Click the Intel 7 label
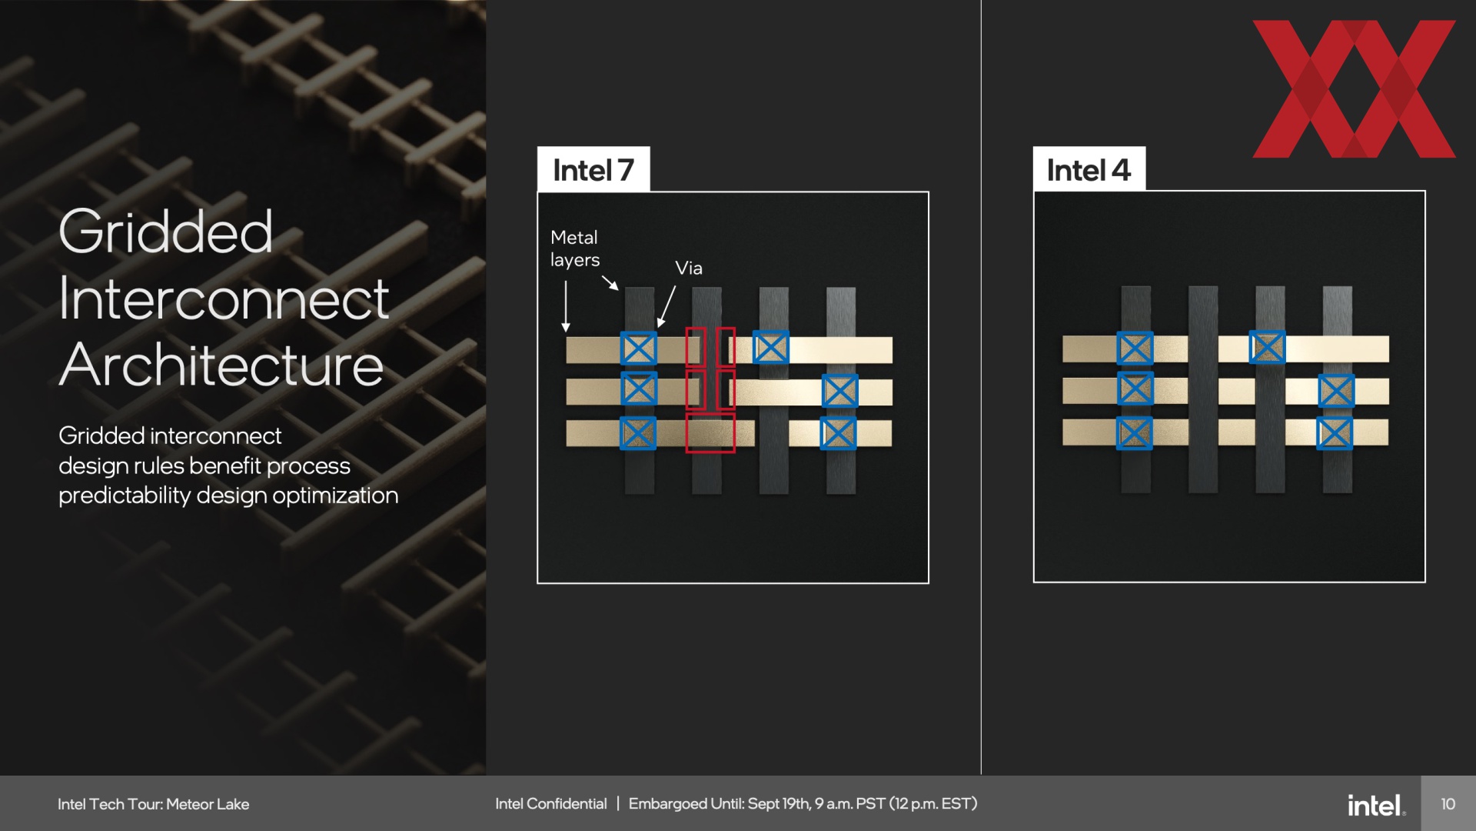[x=593, y=170]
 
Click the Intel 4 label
[x=1089, y=170]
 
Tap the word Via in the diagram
[x=689, y=268]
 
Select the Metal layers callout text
[x=575, y=249]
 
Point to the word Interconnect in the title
[x=224, y=299]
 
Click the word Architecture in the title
[x=221, y=365]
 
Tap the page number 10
[x=1448, y=804]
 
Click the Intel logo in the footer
[x=1376, y=805]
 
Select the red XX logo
[x=1354, y=89]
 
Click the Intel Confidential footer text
[x=551, y=804]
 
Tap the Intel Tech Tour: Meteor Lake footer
[x=154, y=804]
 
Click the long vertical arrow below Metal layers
[x=566, y=306]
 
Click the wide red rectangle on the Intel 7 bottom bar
[x=710, y=433]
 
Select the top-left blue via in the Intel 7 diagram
[x=639, y=349]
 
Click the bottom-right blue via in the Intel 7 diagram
[x=838, y=433]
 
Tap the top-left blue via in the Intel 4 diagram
[x=1135, y=348]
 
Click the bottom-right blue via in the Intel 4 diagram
[x=1335, y=433]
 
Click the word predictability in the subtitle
[x=125, y=496]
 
